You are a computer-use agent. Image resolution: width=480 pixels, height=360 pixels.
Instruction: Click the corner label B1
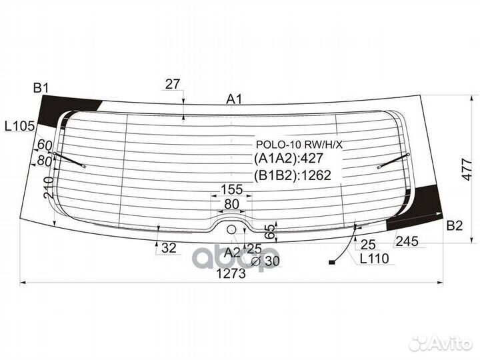click(42, 87)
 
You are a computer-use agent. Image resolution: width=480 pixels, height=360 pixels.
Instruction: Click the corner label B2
click(454, 225)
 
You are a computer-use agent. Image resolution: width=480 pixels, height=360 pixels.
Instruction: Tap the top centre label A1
click(234, 99)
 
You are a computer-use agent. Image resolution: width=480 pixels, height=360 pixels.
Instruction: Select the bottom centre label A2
click(232, 251)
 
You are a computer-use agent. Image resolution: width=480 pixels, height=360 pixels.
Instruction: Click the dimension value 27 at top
click(173, 84)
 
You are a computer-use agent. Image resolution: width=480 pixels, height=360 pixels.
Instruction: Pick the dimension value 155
click(231, 190)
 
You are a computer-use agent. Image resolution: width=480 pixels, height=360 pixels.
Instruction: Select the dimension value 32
click(169, 248)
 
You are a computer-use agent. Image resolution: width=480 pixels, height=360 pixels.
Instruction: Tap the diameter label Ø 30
click(265, 261)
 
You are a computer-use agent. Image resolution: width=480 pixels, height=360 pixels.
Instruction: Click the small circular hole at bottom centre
click(231, 229)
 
